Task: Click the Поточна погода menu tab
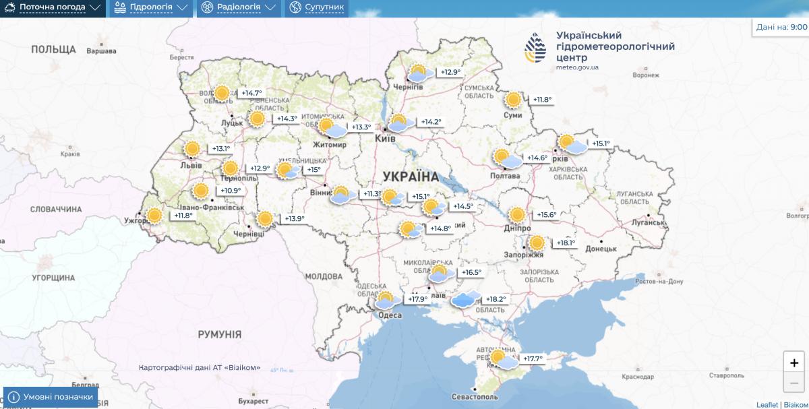pyautogui.click(x=53, y=8)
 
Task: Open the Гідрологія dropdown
pyautogui.click(x=150, y=8)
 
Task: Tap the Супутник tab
pyautogui.click(x=317, y=8)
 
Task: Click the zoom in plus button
pyautogui.click(x=793, y=363)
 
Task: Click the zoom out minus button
pyautogui.click(x=793, y=383)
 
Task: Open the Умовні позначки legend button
pyautogui.click(x=51, y=397)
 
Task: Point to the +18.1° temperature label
pyautogui.click(x=566, y=243)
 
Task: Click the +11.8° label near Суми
pyautogui.click(x=542, y=100)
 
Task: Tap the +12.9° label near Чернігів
pyautogui.click(x=450, y=72)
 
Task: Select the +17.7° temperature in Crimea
pyautogui.click(x=533, y=358)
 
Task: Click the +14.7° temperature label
pyautogui.click(x=251, y=93)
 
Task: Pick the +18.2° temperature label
pyautogui.click(x=496, y=299)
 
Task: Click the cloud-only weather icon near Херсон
pyautogui.click(x=466, y=299)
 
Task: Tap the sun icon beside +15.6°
pyautogui.click(x=517, y=215)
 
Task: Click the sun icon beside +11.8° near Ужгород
pyautogui.click(x=154, y=216)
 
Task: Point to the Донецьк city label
pyautogui.click(x=601, y=249)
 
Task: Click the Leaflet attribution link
pyautogui.click(x=767, y=404)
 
